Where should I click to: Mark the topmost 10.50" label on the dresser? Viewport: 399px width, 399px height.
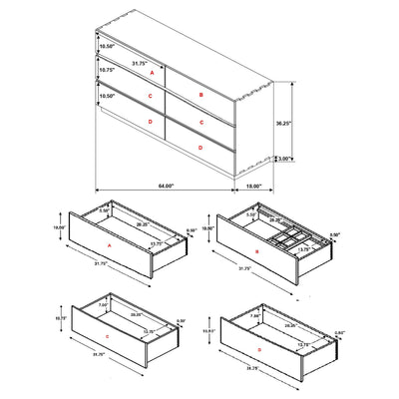tap(107, 45)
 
